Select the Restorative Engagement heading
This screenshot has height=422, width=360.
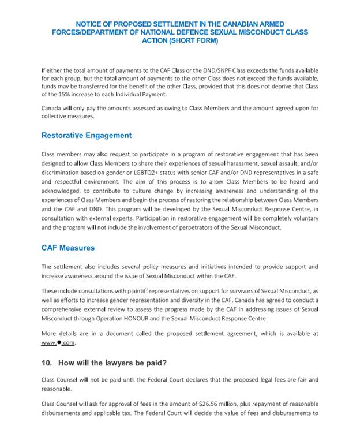tap(87, 136)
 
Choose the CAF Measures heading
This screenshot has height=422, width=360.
tap(68, 248)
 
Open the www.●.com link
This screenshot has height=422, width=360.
tap(58, 342)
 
